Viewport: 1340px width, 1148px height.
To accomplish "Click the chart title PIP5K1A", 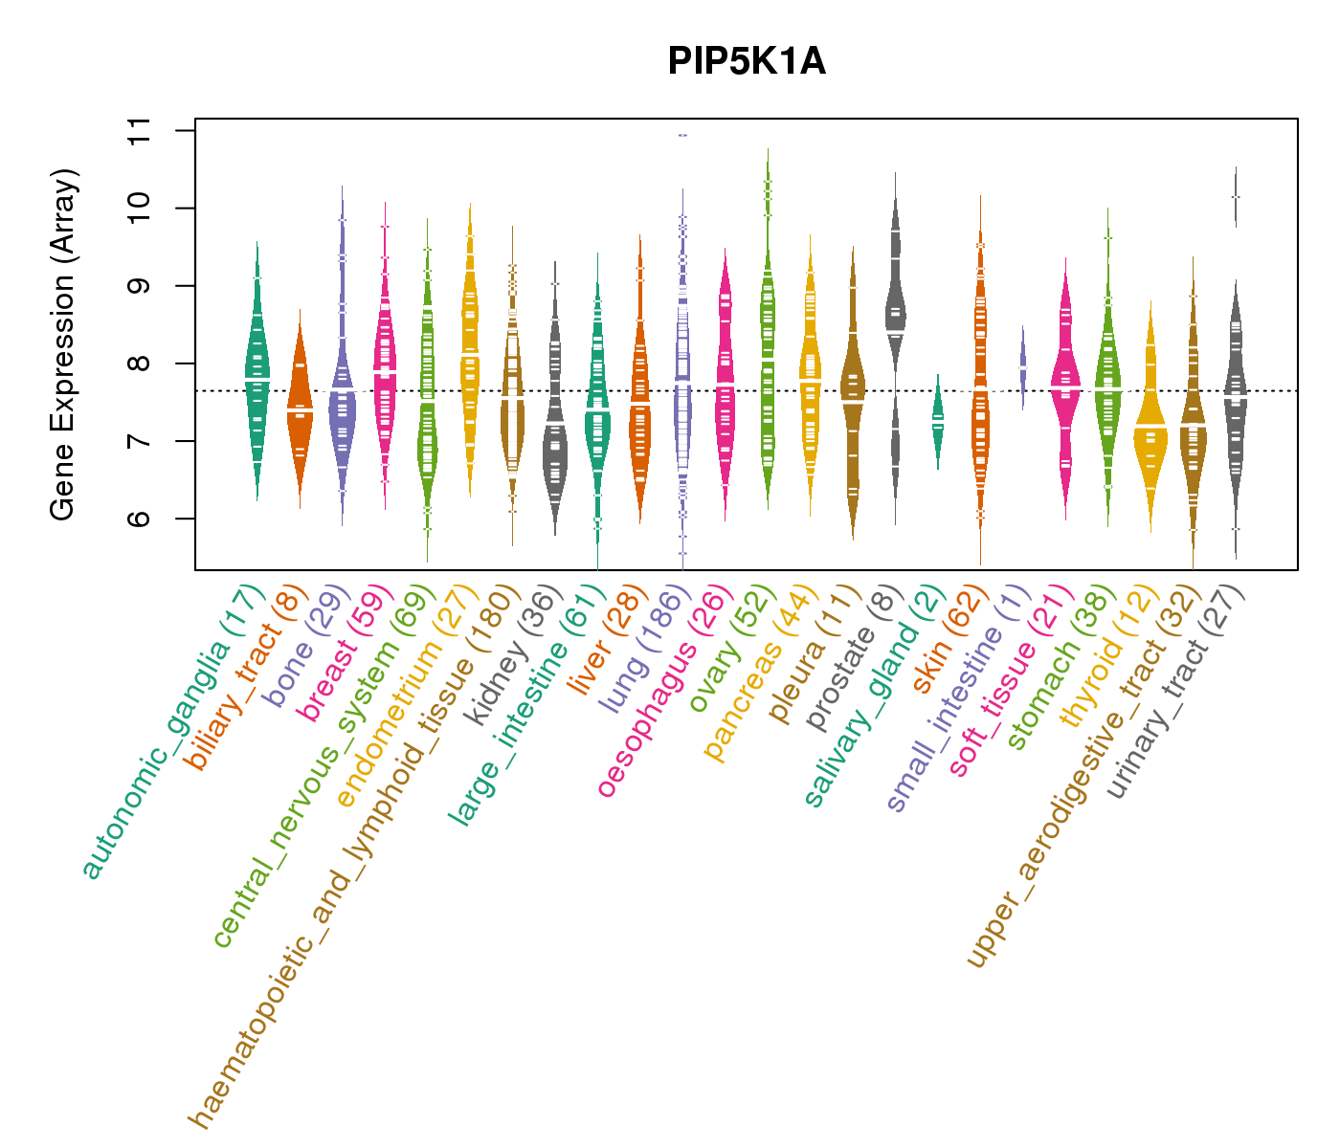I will [x=747, y=62].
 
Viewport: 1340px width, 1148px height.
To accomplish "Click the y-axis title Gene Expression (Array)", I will [x=63, y=344].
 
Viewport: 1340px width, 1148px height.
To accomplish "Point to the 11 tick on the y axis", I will [x=172, y=130].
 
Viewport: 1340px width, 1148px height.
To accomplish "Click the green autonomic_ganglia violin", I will [x=257, y=373].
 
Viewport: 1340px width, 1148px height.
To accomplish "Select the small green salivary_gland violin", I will [x=938, y=421].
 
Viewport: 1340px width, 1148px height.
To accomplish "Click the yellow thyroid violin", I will [x=1150, y=430].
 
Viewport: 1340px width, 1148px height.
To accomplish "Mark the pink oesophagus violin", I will [x=726, y=383].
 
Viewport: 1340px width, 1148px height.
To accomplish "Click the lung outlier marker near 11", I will [x=682, y=135].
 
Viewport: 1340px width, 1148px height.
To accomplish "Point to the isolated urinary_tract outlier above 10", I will [x=1236, y=196].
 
